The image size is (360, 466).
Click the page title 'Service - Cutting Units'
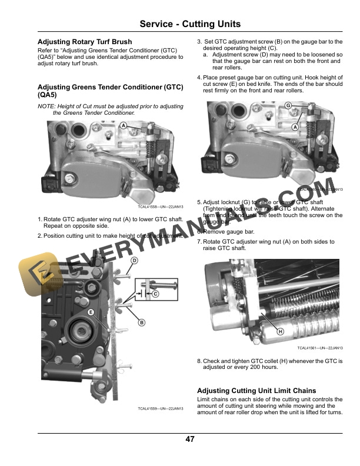(190, 24)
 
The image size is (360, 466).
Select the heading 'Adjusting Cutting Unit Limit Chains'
(256, 391)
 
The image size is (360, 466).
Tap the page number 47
(190, 439)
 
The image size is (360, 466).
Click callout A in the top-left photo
(124, 126)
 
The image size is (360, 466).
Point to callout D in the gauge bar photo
(134, 261)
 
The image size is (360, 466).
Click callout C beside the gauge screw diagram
(155, 293)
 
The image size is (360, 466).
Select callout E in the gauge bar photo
(91, 311)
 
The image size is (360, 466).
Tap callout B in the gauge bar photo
(142, 322)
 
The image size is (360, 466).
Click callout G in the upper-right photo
(288, 105)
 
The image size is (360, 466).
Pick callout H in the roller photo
(280, 332)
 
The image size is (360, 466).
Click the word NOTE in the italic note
(45, 106)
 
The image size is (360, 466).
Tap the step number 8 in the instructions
(199, 361)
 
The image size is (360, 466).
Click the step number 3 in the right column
(199, 42)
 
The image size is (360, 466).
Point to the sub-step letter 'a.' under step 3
(206, 54)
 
